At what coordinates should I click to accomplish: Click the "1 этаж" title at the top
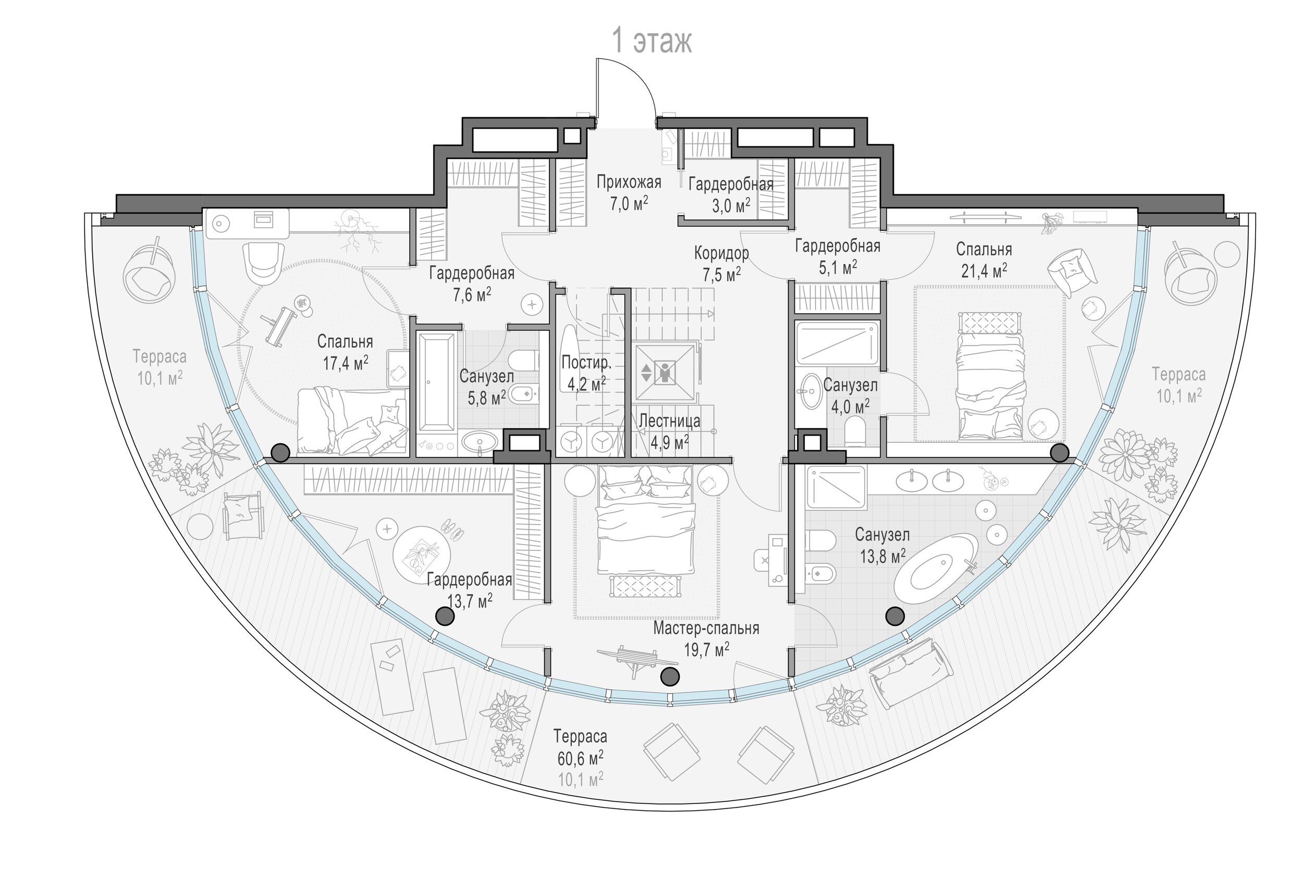[x=653, y=41]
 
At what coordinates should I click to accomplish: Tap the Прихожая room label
[x=629, y=182]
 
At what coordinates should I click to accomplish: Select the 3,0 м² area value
[x=731, y=206]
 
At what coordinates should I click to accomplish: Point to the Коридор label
[x=721, y=253]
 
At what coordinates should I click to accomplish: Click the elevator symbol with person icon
[x=665, y=373]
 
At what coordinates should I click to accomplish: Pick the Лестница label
[x=669, y=421]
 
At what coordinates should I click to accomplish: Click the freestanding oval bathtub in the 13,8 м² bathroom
[x=936, y=569]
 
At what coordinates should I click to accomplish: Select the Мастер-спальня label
[x=706, y=628]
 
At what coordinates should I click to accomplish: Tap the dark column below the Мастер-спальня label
[x=670, y=677]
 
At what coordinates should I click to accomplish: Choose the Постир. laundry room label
[x=586, y=363]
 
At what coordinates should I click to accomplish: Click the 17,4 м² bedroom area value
[x=345, y=364]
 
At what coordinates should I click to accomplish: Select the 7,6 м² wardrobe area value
[x=472, y=295]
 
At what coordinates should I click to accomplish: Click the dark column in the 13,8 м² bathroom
[x=894, y=616]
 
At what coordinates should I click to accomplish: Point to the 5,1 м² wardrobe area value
[x=838, y=267]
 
